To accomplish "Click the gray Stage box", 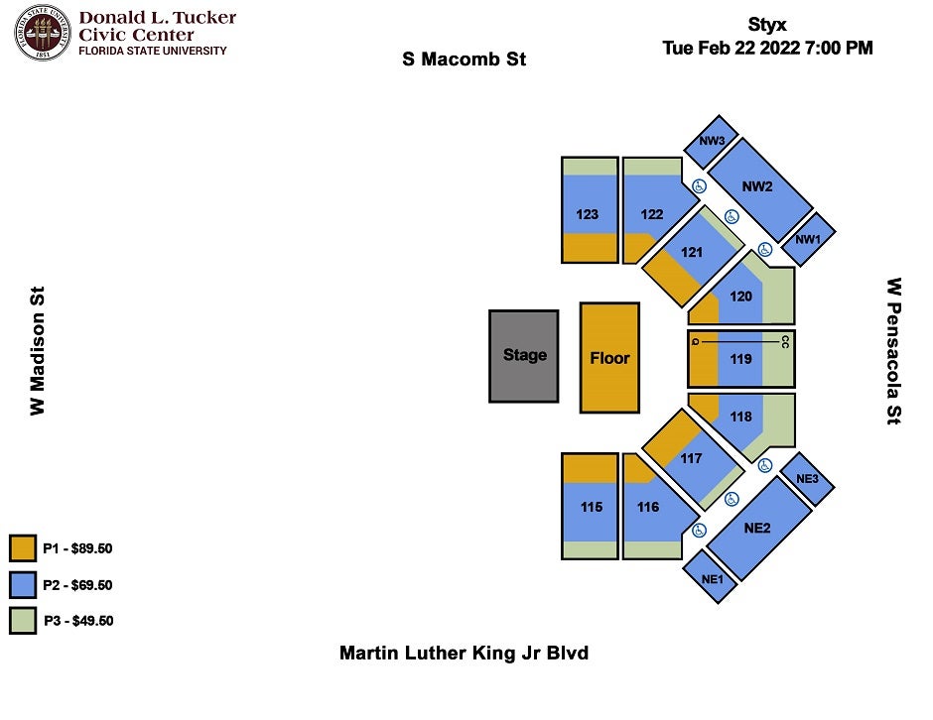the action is pyautogui.click(x=524, y=356).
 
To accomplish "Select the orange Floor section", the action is pyautogui.click(x=609, y=358).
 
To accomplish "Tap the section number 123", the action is pyautogui.click(x=588, y=214).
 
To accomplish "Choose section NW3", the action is pyautogui.click(x=711, y=142).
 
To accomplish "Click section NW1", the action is pyautogui.click(x=808, y=239).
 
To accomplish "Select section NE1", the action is pyautogui.click(x=711, y=577).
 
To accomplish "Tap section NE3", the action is pyautogui.click(x=807, y=479).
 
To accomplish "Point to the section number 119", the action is pyautogui.click(x=740, y=359).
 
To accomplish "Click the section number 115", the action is pyautogui.click(x=592, y=507).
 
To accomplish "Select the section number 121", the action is pyautogui.click(x=692, y=252).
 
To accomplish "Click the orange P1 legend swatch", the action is pyautogui.click(x=23, y=548).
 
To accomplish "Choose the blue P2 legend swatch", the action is pyautogui.click(x=23, y=585).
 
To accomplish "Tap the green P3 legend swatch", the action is pyautogui.click(x=23, y=621).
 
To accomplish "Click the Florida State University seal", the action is pyautogui.click(x=42, y=32).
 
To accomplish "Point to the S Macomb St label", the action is pyautogui.click(x=465, y=60).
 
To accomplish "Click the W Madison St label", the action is pyautogui.click(x=37, y=351).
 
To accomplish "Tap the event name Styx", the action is pyautogui.click(x=767, y=25).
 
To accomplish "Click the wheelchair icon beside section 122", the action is pyautogui.click(x=699, y=186).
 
